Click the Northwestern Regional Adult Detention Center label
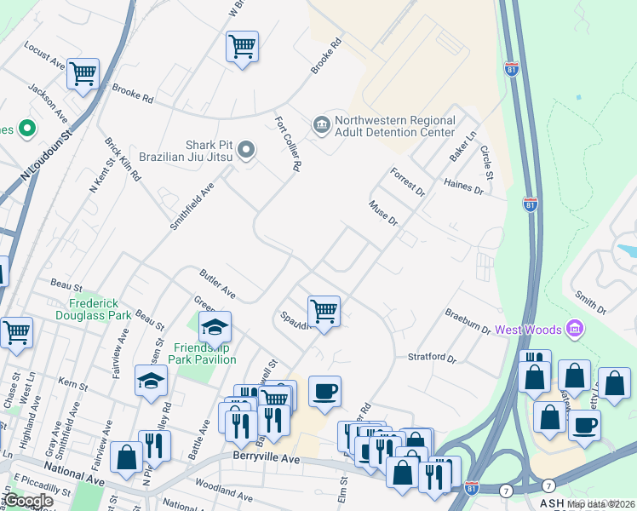tap(394, 127)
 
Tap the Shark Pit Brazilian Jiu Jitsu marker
tap(247, 152)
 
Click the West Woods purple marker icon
tap(575, 329)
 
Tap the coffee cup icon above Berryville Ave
tap(324, 391)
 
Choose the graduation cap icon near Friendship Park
tap(215, 326)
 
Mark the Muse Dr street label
tap(382, 214)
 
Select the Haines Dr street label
tap(463, 187)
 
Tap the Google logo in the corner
tap(29, 501)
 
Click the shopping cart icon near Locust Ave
tap(83, 74)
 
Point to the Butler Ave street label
tap(217, 284)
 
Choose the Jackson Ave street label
tap(48, 103)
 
